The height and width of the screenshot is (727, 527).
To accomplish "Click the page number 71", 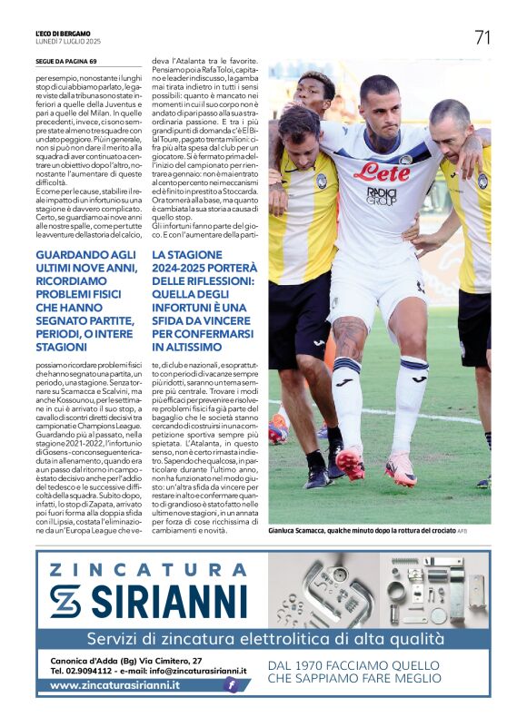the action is point(482,37).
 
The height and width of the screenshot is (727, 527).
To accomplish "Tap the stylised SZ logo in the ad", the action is point(65,601).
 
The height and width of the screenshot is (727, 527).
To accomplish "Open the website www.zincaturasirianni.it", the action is point(114,686).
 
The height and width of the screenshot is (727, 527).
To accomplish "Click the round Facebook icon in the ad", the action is point(232,685).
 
